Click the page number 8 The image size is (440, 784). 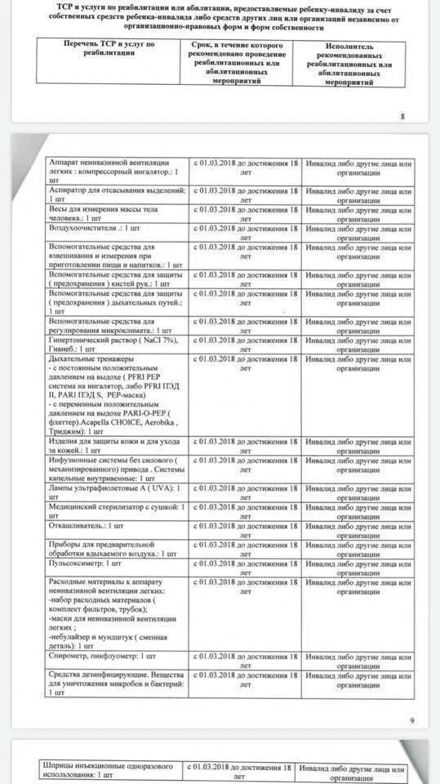coord(402,116)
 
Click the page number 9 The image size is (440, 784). coord(411,719)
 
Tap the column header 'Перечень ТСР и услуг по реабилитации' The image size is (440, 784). coord(109,47)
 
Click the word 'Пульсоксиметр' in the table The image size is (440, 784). coord(76,563)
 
